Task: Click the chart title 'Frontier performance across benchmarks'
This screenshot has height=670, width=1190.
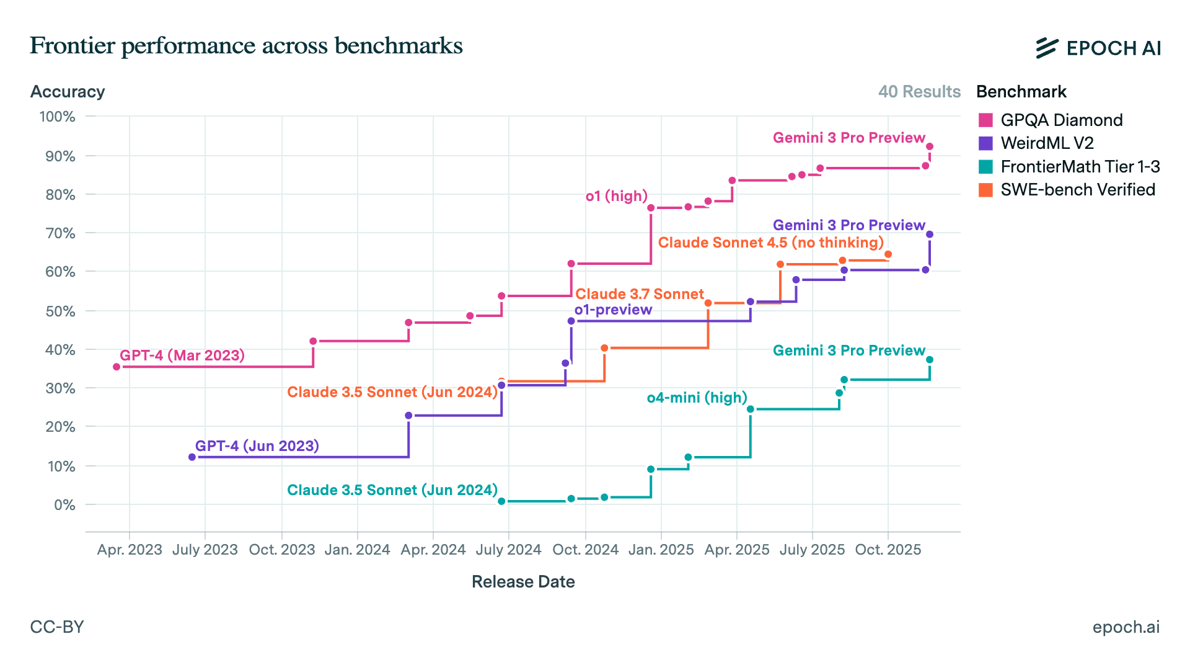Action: click(x=246, y=46)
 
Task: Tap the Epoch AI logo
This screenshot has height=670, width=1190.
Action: click(x=1098, y=48)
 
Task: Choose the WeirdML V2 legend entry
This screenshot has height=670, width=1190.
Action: click(x=1047, y=143)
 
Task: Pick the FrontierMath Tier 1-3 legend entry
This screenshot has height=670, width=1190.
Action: click(x=1080, y=167)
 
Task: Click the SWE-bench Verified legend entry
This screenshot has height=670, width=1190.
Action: click(x=1077, y=190)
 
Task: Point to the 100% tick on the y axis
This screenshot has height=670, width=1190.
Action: click(x=58, y=117)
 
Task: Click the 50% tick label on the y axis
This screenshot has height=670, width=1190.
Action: click(x=60, y=311)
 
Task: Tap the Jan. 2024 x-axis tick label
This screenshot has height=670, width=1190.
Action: click(x=357, y=550)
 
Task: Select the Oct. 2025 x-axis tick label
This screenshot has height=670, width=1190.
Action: click(x=888, y=550)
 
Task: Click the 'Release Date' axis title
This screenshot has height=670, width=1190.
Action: click(x=523, y=582)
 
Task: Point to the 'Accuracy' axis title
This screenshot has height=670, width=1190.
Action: click(x=68, y=92)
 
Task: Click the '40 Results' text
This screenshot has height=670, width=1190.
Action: click(x=919, y=92)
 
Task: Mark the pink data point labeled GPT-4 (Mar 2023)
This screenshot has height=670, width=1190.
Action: click(x=117, y=367)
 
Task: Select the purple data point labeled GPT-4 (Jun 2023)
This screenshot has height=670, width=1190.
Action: click(x=192, y=457)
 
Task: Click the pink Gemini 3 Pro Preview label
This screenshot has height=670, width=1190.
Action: click(x=848, y=138)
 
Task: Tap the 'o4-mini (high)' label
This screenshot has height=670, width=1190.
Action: click(x=697, y=398)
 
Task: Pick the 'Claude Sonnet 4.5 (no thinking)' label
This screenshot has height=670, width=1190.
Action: click(x=770, y=243)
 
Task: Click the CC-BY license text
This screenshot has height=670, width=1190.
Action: click(x=57, y=627)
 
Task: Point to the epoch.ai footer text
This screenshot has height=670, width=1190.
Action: click(x=1126, y=627)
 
